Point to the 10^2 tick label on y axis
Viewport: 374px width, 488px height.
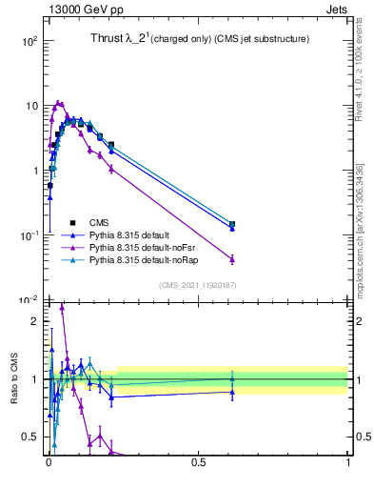pyautogui.click(x=30, y=41)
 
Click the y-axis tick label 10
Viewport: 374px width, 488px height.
pyautogui.click(x=30, y=106)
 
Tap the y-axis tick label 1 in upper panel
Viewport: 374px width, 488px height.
pyautogui.click(x=34, y=171)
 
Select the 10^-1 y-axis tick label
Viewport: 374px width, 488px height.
pyautogui.click(x=29, y=235)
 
